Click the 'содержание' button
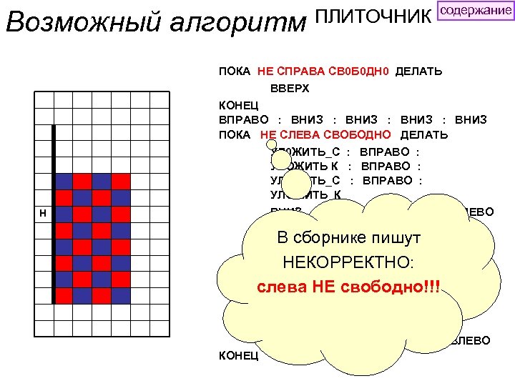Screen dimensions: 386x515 (475, 11)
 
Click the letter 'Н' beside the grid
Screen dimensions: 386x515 (44, 214)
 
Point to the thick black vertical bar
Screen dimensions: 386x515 (53, 214)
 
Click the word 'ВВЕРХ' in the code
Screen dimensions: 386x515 (290, 89)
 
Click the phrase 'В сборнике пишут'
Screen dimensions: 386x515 (348, 237)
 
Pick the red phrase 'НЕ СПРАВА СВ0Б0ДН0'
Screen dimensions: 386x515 (323, 71)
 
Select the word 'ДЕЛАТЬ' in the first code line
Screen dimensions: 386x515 (418, 71)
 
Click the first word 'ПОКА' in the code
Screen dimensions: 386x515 (234, 71)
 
